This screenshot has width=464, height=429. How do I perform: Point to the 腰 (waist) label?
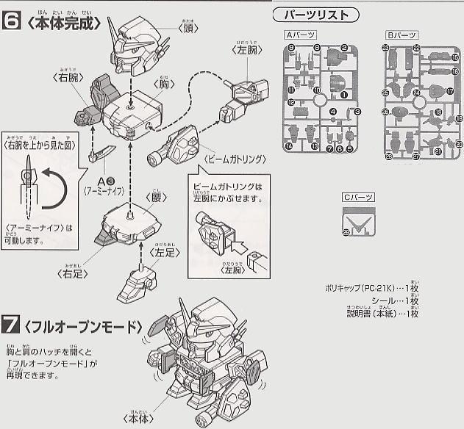pyautogui.click(x=154, y=197)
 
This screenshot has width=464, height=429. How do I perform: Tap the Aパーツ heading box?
pyautogui.click(x=299, y=35)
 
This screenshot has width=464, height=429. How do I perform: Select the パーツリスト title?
pyautogui.click(x=316, y=15)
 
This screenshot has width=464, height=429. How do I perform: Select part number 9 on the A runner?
pyautogui.click(x=292, y=48)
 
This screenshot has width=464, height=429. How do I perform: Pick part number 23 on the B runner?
pyautogui.click(x=386, y=48)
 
